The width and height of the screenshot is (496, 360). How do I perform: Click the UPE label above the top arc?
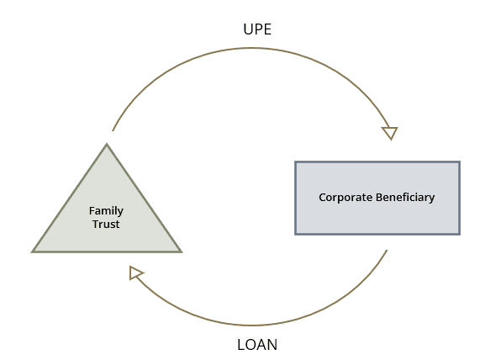[257, 29]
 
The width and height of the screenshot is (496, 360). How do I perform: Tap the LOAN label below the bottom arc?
[257, 345]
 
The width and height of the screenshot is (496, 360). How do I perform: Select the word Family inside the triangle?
[106, 211]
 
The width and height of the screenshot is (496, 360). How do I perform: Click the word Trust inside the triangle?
[106, 225]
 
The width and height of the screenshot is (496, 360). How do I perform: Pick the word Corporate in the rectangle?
[346, 198]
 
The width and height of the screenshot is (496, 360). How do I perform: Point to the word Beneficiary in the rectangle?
[405, 198]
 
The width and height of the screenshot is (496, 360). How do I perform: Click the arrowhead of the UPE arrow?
[390, 133]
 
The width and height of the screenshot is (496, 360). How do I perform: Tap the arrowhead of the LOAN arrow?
[136, 273]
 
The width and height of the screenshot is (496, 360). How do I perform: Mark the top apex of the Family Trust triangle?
[107, 144]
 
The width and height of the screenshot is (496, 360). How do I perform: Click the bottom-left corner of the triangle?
[32, 252]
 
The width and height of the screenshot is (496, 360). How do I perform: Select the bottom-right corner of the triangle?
[182, 252]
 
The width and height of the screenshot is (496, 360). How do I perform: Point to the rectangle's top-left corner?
[295, 161]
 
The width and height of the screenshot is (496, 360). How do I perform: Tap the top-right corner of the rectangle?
[460, 161]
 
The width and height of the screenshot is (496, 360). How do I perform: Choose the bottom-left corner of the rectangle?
[295, 235]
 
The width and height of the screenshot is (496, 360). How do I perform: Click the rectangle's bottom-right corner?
[460, 235]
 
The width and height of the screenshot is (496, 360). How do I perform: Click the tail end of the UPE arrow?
[113, 130]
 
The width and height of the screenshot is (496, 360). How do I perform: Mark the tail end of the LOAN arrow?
[387, 250]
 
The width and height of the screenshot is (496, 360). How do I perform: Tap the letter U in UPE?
[248, 29]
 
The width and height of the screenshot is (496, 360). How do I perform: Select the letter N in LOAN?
[272, 345]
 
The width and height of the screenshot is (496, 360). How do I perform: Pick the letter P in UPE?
[258, 29]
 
